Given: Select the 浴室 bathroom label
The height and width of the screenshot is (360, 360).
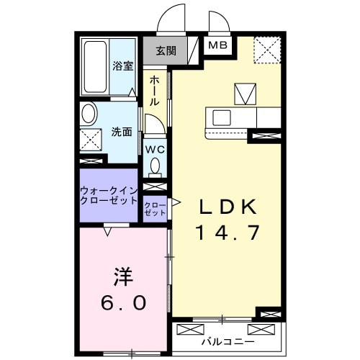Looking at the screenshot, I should (122, 66).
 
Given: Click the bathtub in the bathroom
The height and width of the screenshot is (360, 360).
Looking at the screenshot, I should (95, 66).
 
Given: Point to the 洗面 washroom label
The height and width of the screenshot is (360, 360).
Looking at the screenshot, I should (122, 132).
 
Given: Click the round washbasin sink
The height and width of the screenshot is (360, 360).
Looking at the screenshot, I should (89, 114).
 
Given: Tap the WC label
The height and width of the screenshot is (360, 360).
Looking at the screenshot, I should (155, 150).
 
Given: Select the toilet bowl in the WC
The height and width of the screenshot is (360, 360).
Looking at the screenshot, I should (155, 166).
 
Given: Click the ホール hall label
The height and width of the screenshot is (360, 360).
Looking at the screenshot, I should (154, 92).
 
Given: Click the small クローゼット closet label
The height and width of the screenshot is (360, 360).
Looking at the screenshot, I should (155, 210).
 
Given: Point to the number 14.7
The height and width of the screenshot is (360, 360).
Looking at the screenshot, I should (227, 233).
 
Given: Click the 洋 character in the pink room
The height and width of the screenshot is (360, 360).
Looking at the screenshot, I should (122, 276).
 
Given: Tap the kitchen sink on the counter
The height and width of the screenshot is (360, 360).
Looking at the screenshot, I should (220, 117).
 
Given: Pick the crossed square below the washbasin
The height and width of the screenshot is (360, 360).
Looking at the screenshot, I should (91, 140).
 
